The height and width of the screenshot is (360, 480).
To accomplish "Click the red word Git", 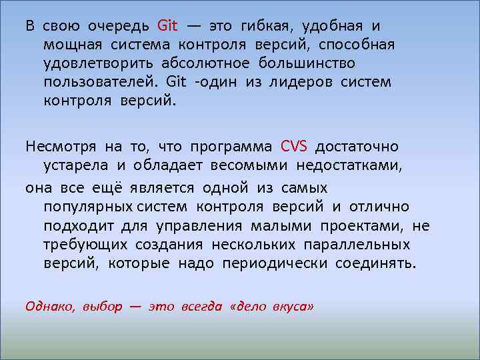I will [167, 26].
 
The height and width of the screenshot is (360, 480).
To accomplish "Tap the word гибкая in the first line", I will [261, 27].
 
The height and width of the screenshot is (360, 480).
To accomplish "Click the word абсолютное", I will [205, 63].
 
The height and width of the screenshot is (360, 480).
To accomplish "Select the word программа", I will [231, 147].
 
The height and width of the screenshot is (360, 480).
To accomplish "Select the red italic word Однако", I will [51, 307].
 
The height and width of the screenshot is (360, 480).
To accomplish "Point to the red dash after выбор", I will [135, 307].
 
